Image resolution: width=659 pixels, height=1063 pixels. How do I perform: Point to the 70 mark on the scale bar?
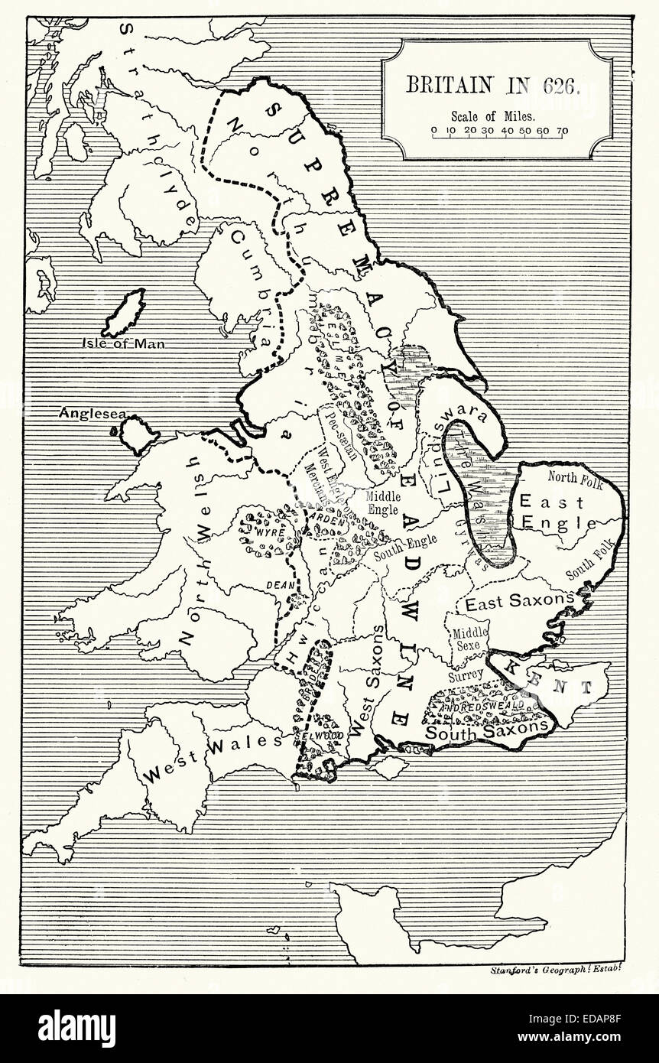[x=561, y=131]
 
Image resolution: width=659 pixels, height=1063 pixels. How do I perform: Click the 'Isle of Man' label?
[x=124, y=343]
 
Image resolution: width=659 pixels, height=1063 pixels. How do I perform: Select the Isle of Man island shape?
[x=125, y=312]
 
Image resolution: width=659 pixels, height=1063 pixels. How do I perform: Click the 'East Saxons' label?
[x=519, y=602]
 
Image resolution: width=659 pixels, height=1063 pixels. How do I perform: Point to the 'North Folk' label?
[x=575, y=483]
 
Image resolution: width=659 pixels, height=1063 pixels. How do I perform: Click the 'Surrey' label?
[x=466, y=675]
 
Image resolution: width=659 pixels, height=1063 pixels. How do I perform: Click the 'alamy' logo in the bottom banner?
[x=76, y=1029]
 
